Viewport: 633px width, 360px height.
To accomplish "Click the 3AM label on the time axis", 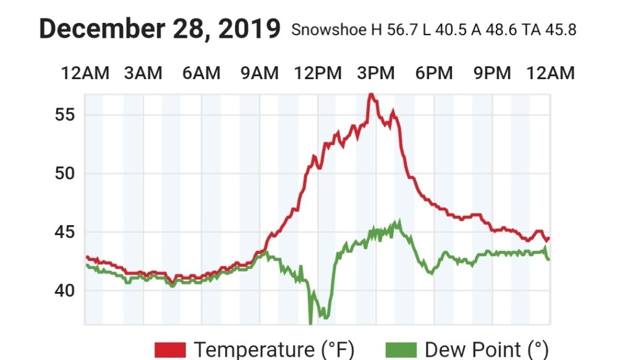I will (143, 74).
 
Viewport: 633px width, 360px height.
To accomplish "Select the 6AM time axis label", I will (201, 74).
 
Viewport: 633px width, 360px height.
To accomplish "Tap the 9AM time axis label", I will (259, 74).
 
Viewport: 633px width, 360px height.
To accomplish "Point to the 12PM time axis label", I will (318, 74).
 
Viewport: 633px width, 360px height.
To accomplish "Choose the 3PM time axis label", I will (376, 74).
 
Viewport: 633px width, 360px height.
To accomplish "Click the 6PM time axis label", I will (434, 74).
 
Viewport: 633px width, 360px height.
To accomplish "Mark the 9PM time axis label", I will (492, 74).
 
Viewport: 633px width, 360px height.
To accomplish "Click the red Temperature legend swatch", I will (170, 349).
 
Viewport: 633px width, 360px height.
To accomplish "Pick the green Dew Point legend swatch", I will (401, 349).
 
